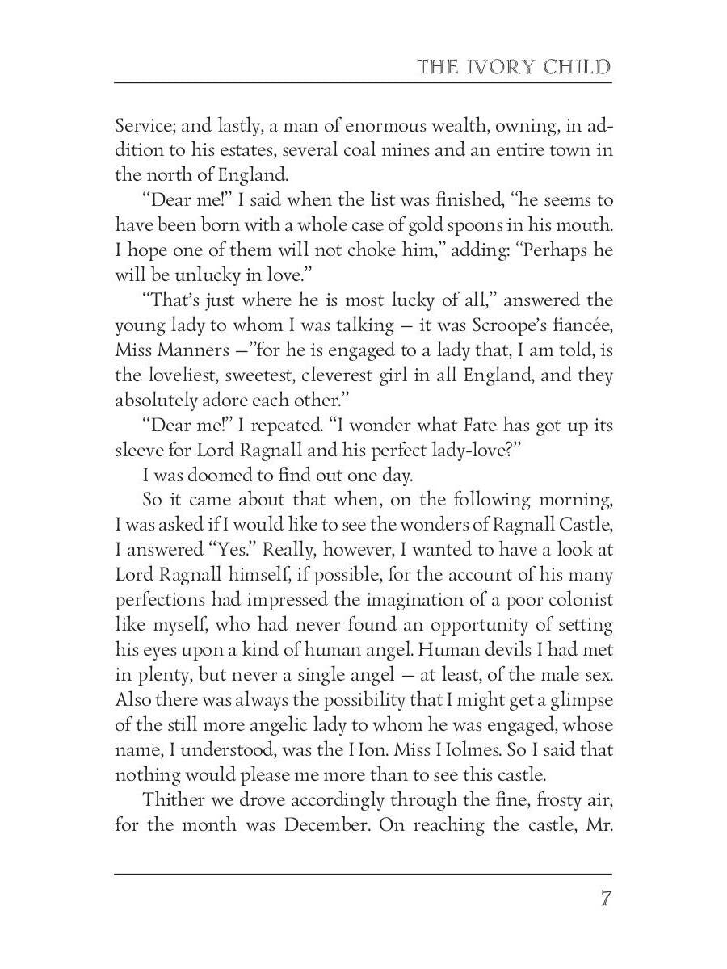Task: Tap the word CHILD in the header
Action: pyautogui.click(x=576, y=66)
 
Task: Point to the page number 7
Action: pyautogui.click(x=604, y=899)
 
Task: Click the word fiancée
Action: pyautogui.click(x=582, y=325)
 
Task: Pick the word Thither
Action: pyautogui.click(x=172, y=799)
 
